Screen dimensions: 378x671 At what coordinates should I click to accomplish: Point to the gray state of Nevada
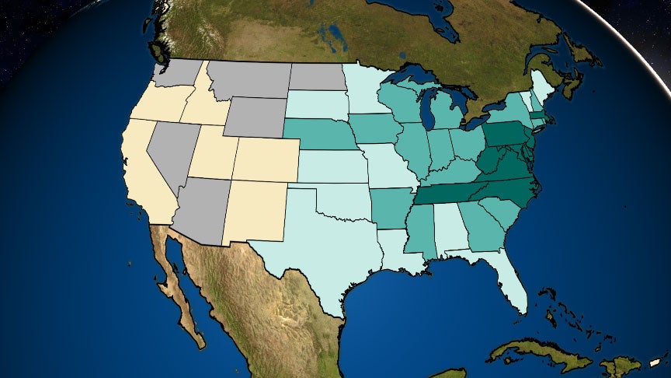pyautogui.click(x=167, y=152)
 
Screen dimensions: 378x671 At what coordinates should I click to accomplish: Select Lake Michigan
pyautogui.click(x=428, y=109)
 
